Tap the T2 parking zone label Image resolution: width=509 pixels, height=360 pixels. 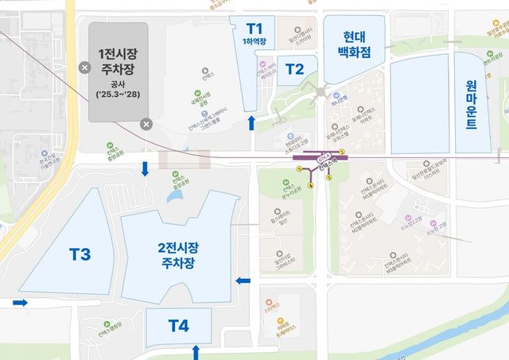pyautogui.click(x=293, y=69)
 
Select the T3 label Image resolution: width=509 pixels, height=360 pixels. pyautogui.click(x=79, y=255)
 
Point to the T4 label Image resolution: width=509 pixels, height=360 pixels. pyautogui.click(x=179, y=325)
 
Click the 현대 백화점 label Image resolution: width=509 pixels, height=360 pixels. pyautogui.click(x=354, y=47)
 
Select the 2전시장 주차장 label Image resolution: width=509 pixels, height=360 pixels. pyautogui.click(x=178, y=254)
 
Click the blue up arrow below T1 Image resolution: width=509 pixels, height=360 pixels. pyautogui.click(x=253, y=122)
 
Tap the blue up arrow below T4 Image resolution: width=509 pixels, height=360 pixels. pyautogui.click(x=196, y=350)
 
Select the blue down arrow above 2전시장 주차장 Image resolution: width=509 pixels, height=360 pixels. pyautogui.click(x=146, y=168)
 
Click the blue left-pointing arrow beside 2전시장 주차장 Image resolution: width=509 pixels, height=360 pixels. pyautogui.click(x=243, y=281)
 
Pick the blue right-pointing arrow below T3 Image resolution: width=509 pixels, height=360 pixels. pyautogui.click(x=21, y=303)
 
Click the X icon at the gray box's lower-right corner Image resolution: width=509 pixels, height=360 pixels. pyautogui.click(x=146, y=123)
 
